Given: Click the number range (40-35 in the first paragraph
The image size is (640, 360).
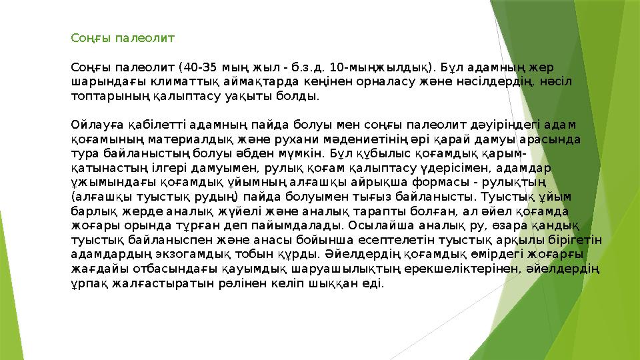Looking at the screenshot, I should pyautogui.click(x=191, y=67).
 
